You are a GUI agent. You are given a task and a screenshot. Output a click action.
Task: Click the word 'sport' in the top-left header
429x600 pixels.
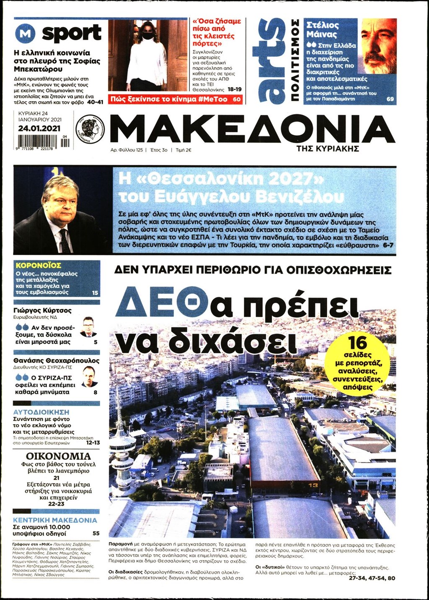(72, 34)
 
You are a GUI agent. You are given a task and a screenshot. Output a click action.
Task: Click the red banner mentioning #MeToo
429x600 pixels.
(175, 99)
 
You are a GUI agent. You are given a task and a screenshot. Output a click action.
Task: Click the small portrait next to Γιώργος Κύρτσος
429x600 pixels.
(88, 327)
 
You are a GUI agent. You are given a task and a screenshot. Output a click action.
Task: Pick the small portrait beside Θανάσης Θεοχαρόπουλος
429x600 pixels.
(89, 376)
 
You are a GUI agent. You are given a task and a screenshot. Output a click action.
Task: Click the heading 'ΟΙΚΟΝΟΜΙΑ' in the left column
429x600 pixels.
(58, 456)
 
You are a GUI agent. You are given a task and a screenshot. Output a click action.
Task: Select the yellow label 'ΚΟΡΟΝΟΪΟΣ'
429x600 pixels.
(39, 265)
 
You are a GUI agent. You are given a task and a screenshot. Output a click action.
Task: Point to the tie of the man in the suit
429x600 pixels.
(65, 241)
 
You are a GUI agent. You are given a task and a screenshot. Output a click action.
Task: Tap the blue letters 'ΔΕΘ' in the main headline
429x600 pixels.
(162, 302)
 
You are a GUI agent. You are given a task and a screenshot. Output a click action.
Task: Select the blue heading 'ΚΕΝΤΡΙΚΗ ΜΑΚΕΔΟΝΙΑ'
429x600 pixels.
(55, 520)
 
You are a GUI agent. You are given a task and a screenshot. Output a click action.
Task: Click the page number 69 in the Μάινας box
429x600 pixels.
(390, 99)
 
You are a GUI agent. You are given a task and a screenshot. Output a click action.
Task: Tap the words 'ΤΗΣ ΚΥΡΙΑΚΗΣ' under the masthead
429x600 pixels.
(328, 149)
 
